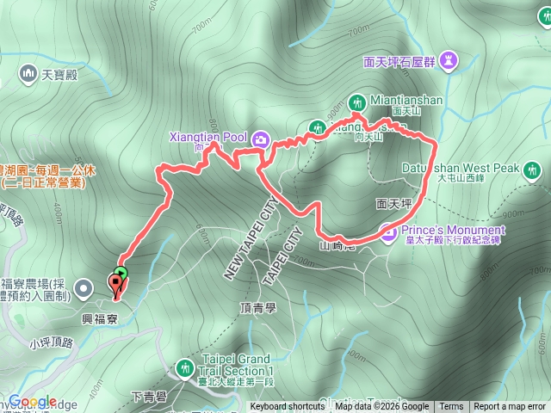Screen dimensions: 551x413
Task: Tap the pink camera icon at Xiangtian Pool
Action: tap(260, 138)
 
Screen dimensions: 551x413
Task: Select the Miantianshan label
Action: tap(407, 100)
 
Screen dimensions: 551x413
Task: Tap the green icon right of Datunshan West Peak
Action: tap(534, 169)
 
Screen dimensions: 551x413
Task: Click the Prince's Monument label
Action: tap(451, 231)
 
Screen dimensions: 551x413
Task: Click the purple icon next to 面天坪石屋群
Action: tap(449, 60)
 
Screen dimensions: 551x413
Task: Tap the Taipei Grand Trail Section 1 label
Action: tap(235, 364)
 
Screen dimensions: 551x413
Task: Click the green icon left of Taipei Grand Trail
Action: tap(183, 368)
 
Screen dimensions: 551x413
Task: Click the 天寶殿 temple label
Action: tap(59, 75)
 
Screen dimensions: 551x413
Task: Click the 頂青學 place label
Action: tap(257, 305)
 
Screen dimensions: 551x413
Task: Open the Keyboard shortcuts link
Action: tap(288, 407)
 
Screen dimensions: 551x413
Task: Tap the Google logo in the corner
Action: tap(33, 401)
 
